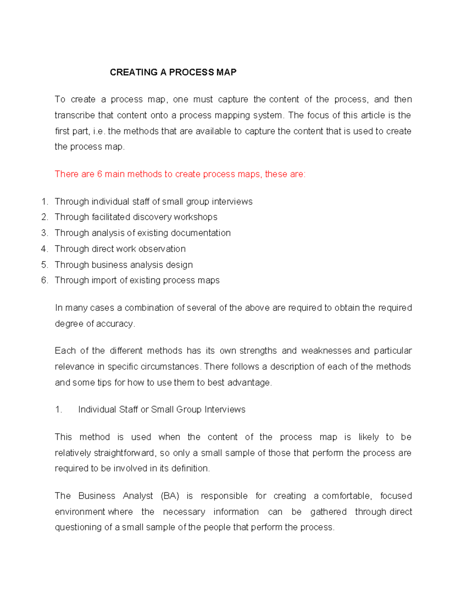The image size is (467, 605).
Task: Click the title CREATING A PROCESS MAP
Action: [173, 72]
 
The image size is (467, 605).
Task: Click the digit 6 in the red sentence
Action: [100, 174]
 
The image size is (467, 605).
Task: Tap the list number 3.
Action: [44, 233]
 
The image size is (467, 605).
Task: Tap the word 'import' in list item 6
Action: [104, 280]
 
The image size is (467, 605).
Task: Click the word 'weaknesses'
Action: [327, 351]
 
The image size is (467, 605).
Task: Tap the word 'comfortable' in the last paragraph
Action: [346, 496]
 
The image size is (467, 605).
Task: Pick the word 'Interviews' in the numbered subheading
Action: [225, 409]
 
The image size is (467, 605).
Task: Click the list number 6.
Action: [44, 280]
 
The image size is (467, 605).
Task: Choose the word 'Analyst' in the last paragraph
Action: [138, 496]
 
